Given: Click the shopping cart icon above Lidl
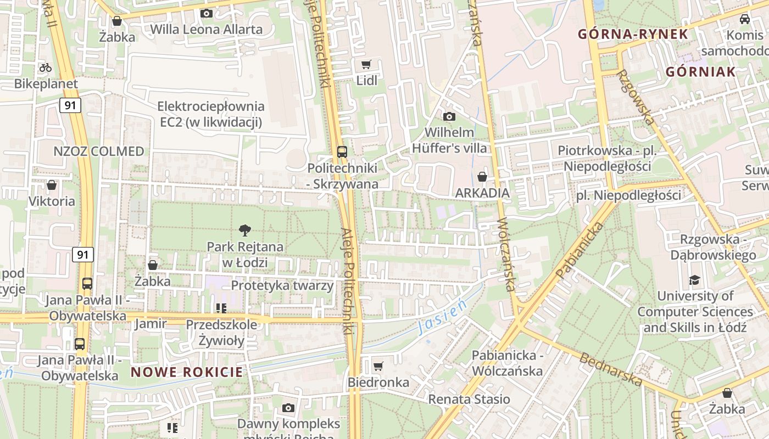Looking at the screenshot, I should pyautogui.click(x=366, y=65).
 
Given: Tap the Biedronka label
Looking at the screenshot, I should pyautogui.click(x=378, y=382).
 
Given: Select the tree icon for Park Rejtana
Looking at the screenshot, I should pyautogui.click(x=245, y=230).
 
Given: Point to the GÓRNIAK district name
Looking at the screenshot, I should pyautogui.click(x=700, y=72).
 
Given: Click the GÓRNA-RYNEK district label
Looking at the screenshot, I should pyautogui.click(x=633, y=34).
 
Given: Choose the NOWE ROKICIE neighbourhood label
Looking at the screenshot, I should pyautogui.click(x=187, y=372).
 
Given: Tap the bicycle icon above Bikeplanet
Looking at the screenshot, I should pyautogui.click(x=46, y=68).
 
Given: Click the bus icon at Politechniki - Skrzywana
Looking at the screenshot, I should pyautogui.click(x=342, y=151).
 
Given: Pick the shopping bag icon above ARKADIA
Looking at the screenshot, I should pyautogui.click(x=482, y=177).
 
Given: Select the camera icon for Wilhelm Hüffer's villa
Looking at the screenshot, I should pyautogui.click(x=449, y=116).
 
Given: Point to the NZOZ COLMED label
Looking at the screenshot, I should pyautogui.click(x=99, y=151).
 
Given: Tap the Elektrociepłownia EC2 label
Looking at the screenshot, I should pyautogui.click(x=211, y=114).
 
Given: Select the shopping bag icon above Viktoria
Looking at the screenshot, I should pyautogui.click(x=52, y=185).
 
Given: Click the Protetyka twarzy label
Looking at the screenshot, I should pyautogui.click(x=282, y=285).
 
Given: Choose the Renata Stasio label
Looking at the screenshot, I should pyautogui.click(x=469, y=399).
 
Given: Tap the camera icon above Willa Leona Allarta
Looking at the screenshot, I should pyautogui.click(x=207, y=13).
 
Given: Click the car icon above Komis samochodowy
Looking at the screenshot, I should pyautogui.click(x=745, y=19).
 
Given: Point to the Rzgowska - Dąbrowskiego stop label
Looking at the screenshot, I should pyautogui.click(x=713, y=247).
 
